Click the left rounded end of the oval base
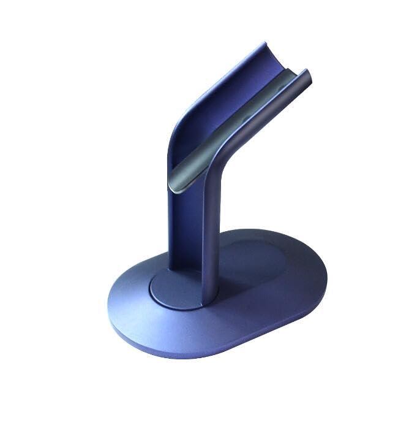pyautogui.click(x=116, y=294)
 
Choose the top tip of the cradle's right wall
pyautogui.click(x=308, y=73)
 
